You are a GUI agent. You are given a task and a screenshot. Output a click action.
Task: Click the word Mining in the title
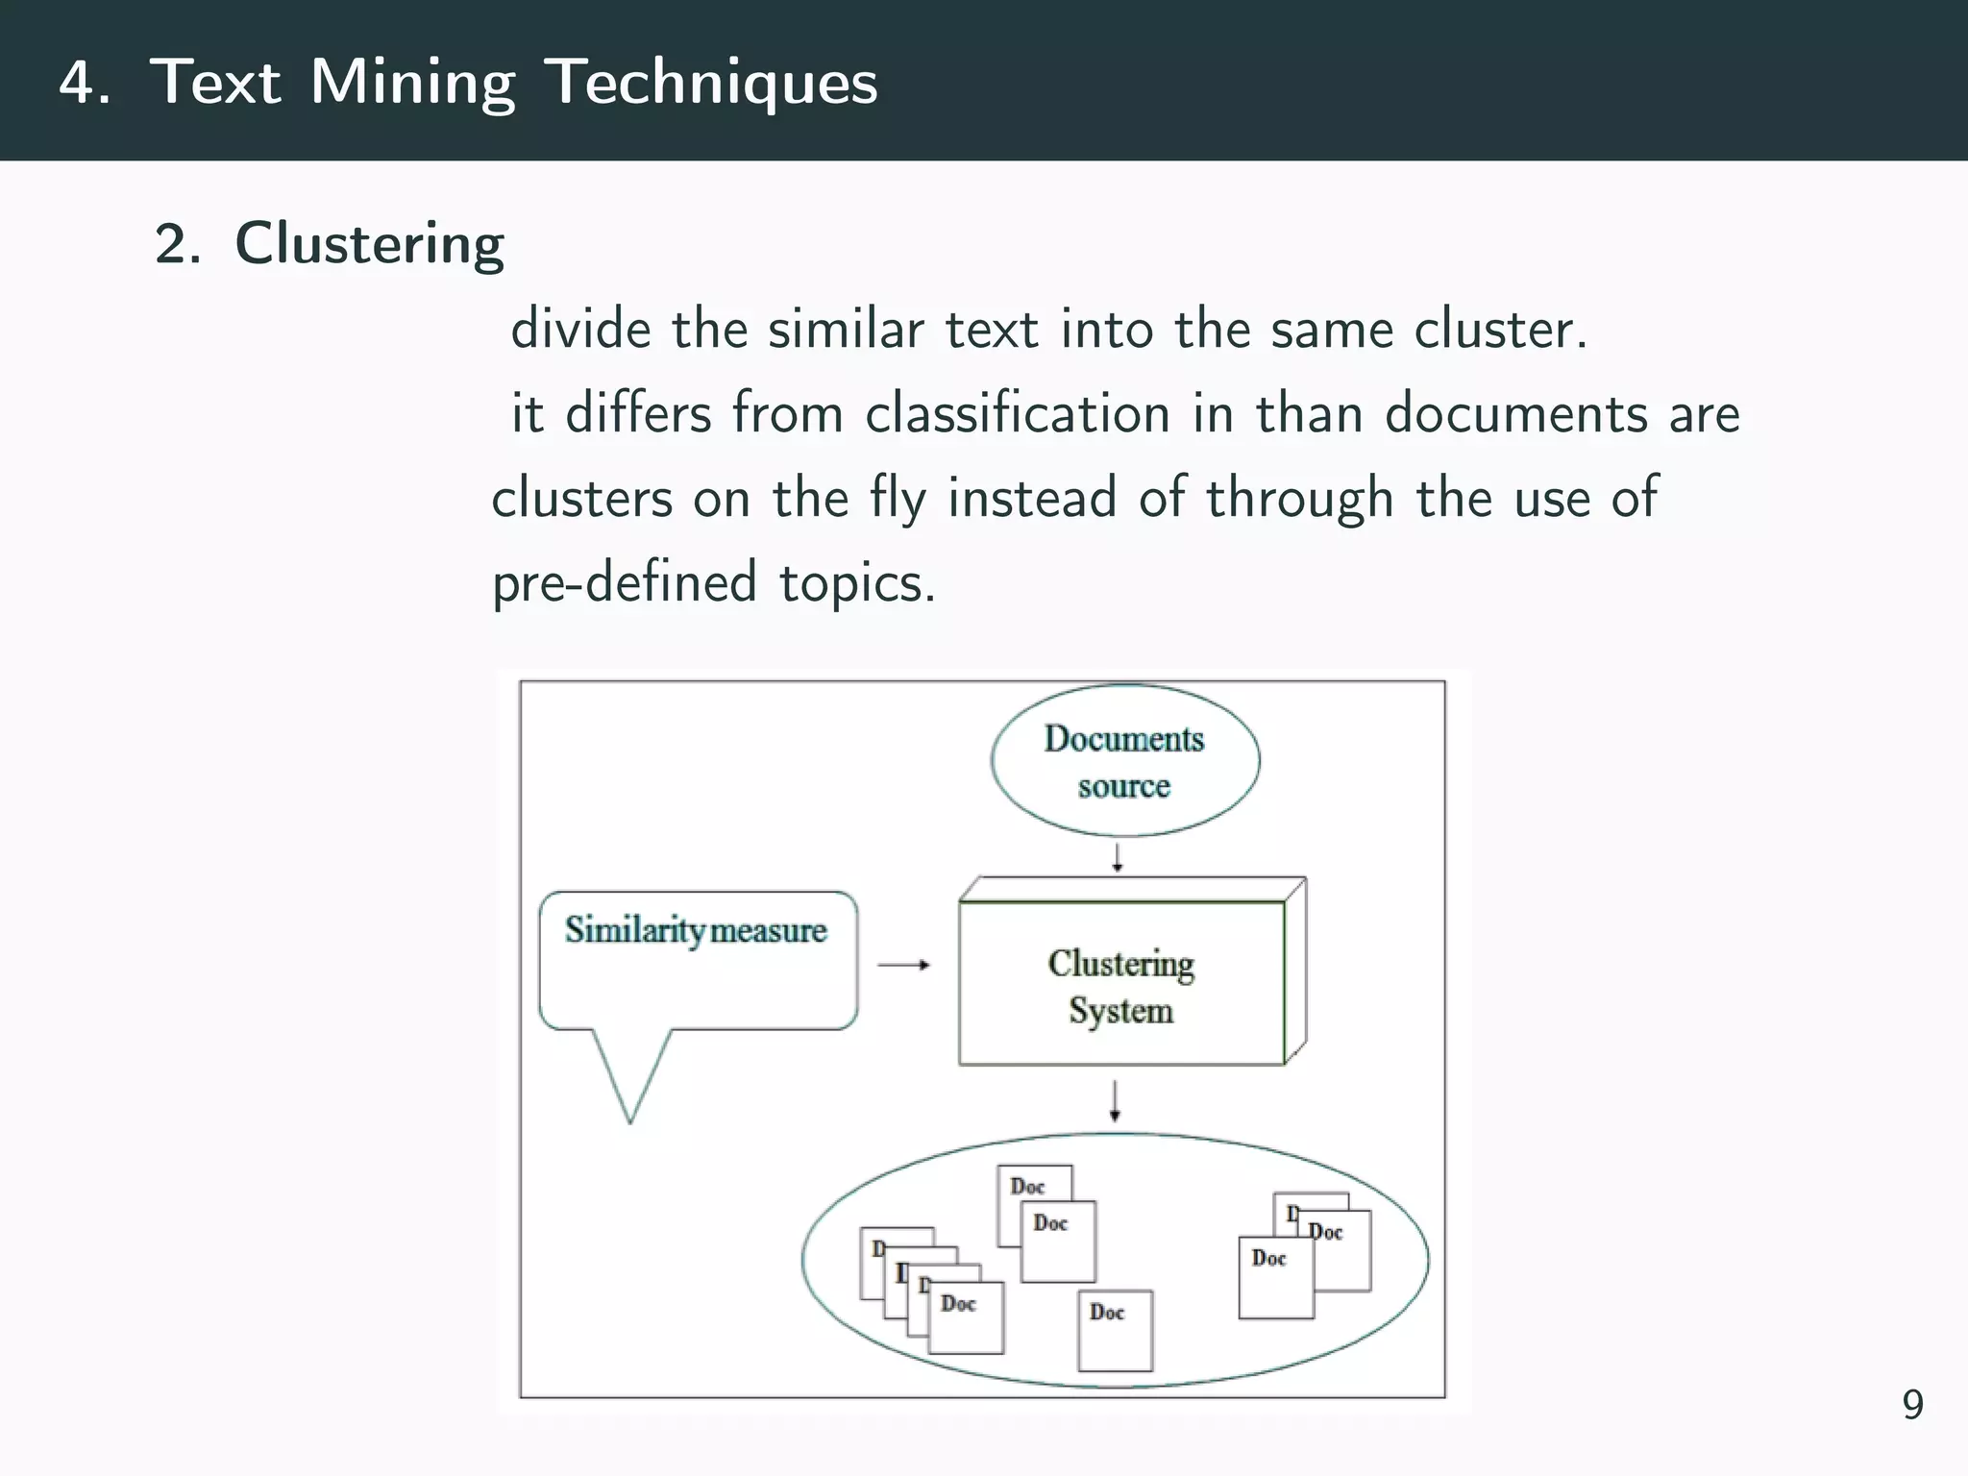412,83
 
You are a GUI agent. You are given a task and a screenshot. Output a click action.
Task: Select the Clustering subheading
369,244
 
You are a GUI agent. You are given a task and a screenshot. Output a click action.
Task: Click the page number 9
1912,1405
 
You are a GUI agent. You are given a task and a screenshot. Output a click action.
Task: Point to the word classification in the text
1017,414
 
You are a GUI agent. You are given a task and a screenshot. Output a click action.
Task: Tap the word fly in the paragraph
898,499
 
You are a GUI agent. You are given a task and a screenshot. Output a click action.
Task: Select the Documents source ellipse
1124,760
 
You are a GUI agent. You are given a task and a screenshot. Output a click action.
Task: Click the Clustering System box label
1120,986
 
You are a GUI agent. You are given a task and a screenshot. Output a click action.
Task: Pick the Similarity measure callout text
696,930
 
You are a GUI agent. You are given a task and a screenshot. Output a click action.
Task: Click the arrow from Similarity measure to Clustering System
904,965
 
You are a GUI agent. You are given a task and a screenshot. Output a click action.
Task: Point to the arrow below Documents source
1117,857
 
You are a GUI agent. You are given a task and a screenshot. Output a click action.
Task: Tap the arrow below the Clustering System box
1115,1101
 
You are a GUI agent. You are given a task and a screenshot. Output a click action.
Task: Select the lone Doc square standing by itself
1115,1330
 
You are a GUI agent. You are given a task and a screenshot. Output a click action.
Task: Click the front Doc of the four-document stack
966,1317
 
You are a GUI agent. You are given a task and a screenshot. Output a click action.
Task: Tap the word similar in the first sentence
845,330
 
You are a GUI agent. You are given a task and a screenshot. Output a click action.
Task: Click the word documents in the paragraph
1515,414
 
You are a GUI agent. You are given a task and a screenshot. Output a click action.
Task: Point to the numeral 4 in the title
77,83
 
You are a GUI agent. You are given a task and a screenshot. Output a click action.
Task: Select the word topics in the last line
856,582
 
